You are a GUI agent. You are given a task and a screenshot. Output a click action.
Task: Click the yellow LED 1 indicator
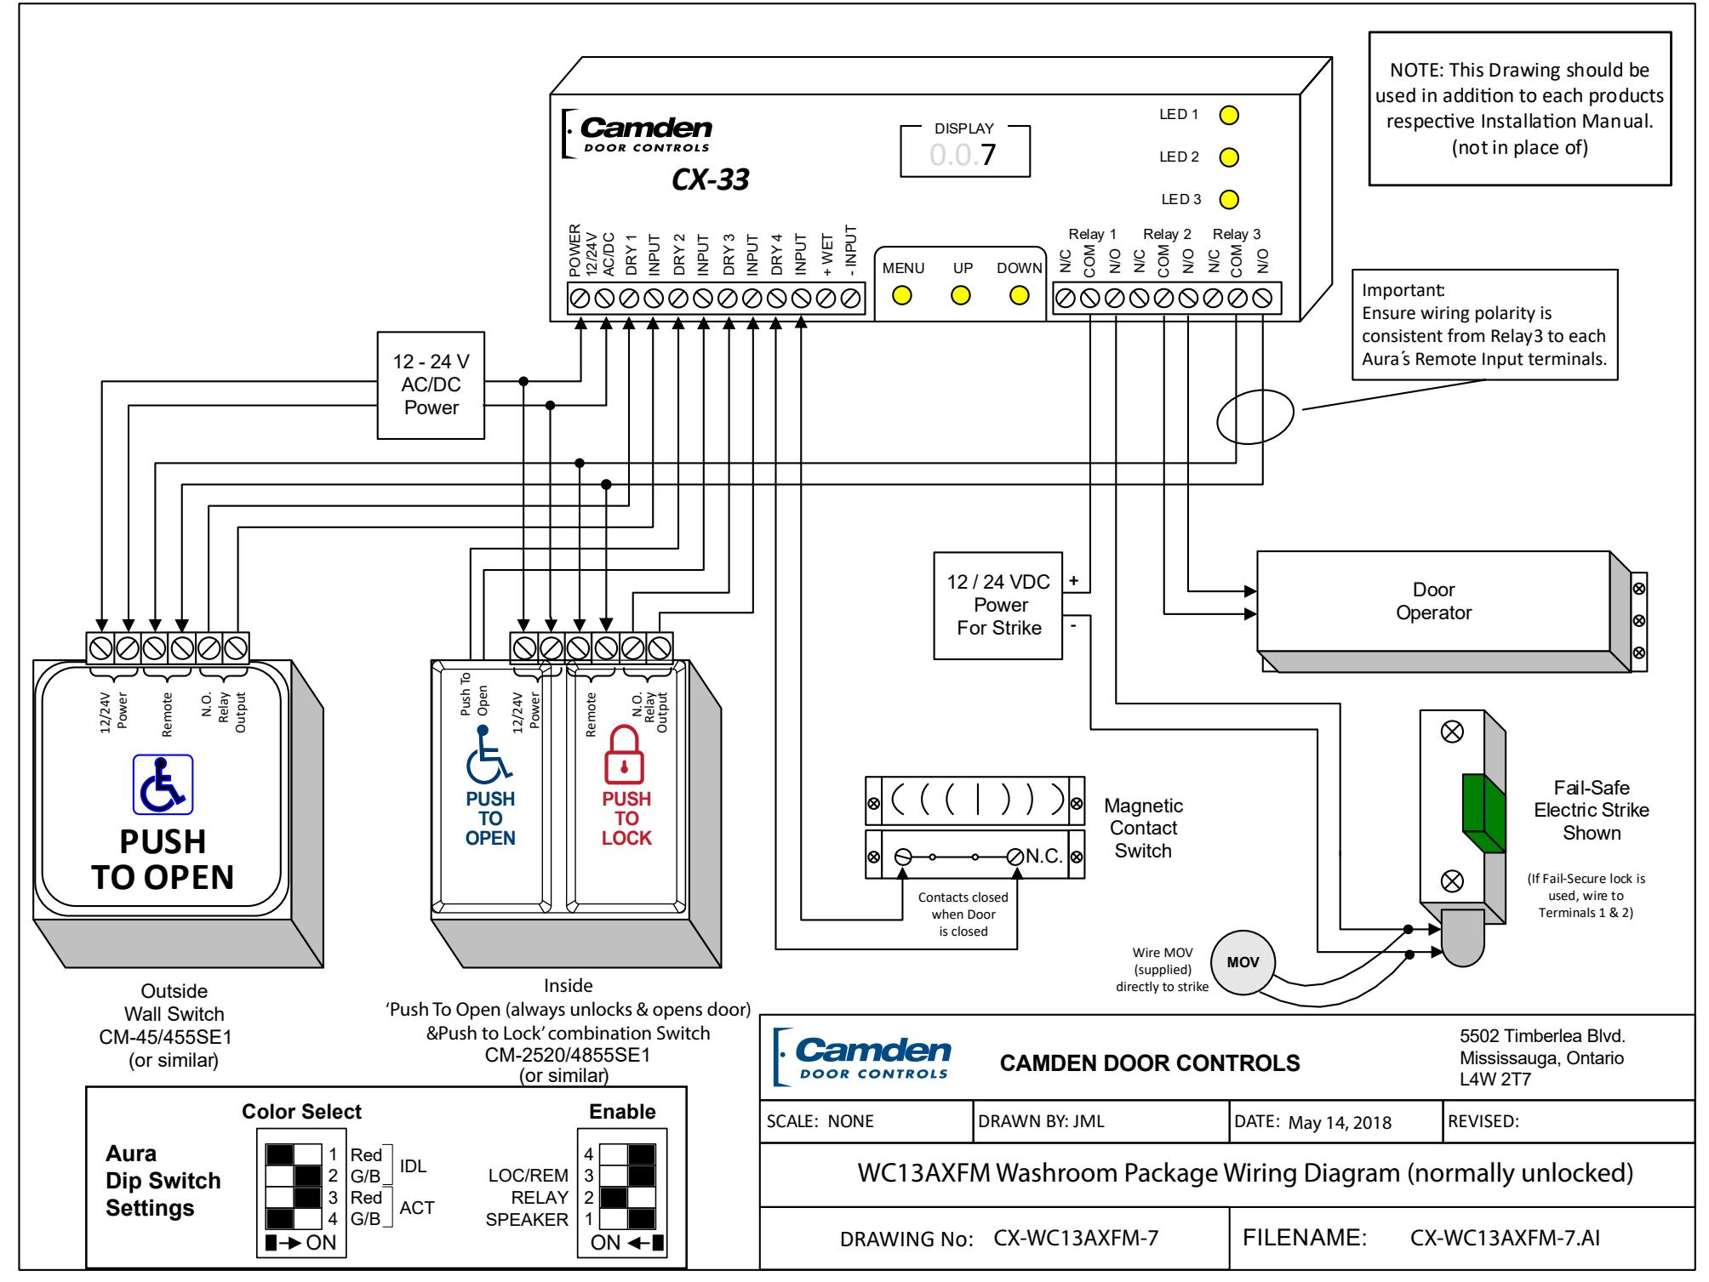click(1229, 115)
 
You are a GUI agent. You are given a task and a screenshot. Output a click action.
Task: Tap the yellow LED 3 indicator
click(1229, 200)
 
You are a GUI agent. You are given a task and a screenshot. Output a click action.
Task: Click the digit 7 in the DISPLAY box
click(987, 156)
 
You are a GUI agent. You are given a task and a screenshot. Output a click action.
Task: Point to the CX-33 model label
click(710, 180)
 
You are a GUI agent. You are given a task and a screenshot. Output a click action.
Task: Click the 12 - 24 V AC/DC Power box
click(431, 385)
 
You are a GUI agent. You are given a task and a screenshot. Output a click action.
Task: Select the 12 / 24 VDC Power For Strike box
click(999, 605)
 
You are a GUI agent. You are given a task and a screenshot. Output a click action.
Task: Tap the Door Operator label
click(1433, 601)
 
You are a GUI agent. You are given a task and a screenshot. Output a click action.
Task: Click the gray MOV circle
click(1238, 962)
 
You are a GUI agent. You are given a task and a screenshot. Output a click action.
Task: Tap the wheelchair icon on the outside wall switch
click(163, 784)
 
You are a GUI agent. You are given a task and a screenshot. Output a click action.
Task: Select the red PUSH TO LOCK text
click(626, 818)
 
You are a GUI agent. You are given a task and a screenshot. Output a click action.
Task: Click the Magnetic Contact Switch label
click(1143, 828)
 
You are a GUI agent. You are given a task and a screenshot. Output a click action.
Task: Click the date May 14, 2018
click(1340, 1122)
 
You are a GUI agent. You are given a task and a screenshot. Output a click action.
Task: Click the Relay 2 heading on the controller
click(1167, 234)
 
